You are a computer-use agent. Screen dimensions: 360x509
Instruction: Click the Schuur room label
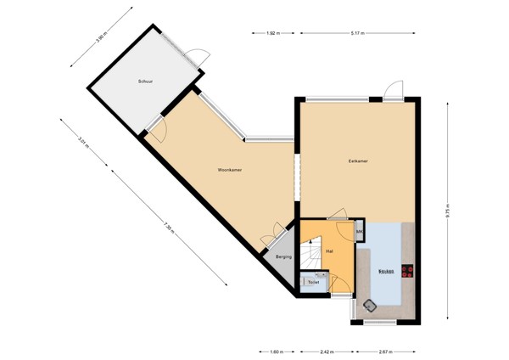(145, 82)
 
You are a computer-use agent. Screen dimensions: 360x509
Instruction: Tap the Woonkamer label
(231, 171)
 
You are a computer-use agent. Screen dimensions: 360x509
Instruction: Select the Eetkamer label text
(357, 160)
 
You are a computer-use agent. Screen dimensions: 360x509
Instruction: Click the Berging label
(284, 256)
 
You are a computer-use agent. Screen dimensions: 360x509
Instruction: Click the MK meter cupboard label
(359, 232)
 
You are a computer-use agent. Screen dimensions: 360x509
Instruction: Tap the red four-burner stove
(408, 272)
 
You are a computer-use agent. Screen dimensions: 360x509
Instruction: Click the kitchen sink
(371, 304)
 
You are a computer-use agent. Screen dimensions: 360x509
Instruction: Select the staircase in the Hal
(310, 255)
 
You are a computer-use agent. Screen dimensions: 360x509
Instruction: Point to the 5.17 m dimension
(357, 33)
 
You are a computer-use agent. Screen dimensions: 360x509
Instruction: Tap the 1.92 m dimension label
(272, 33)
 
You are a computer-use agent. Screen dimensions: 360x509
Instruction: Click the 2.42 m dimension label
(326, 350)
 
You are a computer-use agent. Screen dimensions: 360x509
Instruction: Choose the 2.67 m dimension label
(385, 350)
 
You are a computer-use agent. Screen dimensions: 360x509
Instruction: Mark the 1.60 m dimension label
(277, 350)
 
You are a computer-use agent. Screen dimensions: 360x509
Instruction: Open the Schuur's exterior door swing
(198, 59)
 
